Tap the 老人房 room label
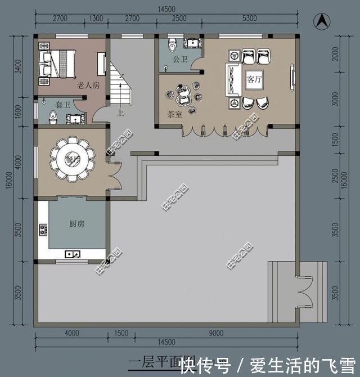[88, 85]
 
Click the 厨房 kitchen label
[76, 224]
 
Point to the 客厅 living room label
[254, 79]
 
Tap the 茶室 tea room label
[174, 114]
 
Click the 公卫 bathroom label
[180, 59]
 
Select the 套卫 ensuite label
[62, 105]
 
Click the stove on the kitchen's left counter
[42, 230]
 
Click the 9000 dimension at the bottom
[217, 333]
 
